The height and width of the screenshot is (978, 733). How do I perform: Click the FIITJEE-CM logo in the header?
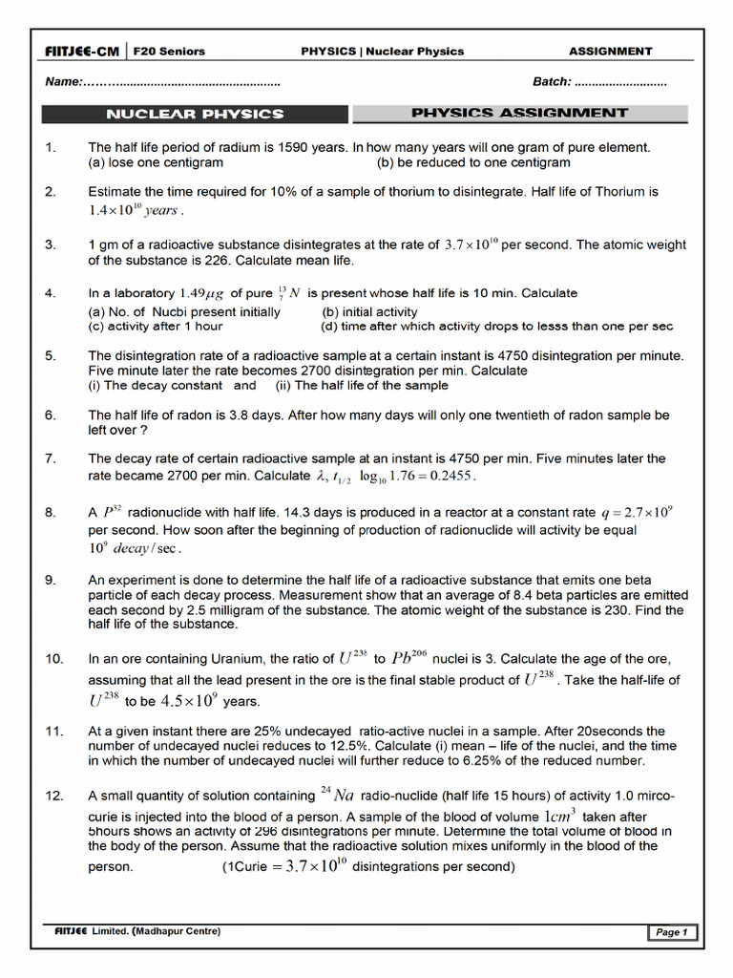[81, 52]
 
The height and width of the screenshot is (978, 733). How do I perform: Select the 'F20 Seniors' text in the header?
[169, 52]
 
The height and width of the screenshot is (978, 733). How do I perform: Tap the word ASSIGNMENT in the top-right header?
[610, 52]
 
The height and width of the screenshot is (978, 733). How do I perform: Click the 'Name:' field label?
[64, 82]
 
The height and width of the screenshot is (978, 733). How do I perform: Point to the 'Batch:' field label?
[552, 82]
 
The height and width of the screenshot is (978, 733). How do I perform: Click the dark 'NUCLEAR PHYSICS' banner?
[195, 114]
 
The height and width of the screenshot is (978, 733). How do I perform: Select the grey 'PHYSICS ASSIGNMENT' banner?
[519, 113]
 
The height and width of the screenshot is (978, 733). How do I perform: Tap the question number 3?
[51, 244]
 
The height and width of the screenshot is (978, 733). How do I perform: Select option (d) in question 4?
[496, 326]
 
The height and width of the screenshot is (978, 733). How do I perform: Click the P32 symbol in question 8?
[111, 512]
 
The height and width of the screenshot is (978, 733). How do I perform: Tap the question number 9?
[51, 580]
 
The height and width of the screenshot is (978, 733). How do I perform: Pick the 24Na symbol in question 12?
[337, 795]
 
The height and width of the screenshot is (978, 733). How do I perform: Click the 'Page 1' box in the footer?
[673, 933]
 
